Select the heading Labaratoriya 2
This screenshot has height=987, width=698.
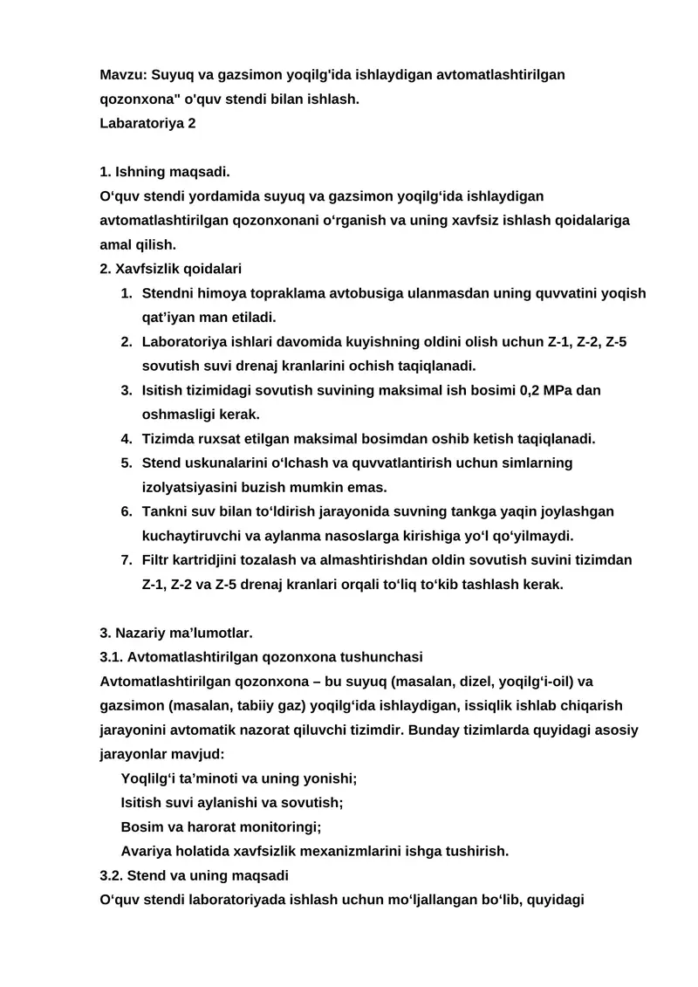point(147,123)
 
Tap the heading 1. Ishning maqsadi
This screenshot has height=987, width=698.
point(165,172)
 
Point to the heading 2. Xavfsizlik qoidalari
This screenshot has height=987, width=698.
point(171,269)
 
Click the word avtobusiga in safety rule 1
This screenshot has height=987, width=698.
point(370,293)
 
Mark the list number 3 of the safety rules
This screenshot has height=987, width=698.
point(126,390)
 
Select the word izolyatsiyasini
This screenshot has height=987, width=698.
point(192,487)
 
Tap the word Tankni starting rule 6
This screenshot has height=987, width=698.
point(164,511)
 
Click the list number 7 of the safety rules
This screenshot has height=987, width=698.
point(126,559)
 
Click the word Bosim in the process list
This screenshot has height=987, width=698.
point(140,826)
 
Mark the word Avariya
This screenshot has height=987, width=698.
point(145,850)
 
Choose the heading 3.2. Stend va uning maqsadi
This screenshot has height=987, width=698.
point(195,874)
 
